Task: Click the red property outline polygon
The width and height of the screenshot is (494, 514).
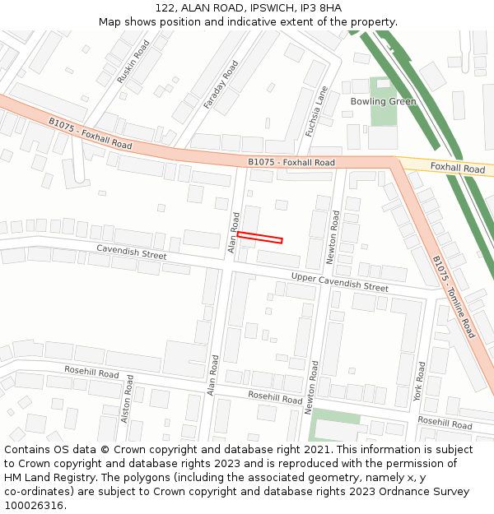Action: tap(259, 238)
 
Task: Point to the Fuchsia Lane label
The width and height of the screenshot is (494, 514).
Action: tap(316, 111)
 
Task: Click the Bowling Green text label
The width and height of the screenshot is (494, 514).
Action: tap(383, 102)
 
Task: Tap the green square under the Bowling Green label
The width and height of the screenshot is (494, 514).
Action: tap(383, 116)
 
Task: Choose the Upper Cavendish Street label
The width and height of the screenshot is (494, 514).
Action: tap(340, 282)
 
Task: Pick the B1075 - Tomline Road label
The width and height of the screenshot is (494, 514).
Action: tap(454, 296)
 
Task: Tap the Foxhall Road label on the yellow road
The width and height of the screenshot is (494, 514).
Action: tap(458, 168)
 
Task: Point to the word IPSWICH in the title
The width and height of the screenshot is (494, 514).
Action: tap(271, 7)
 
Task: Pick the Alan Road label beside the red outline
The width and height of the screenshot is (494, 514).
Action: tap(234, 232)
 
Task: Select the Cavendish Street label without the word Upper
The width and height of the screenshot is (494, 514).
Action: tap(132, 251)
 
